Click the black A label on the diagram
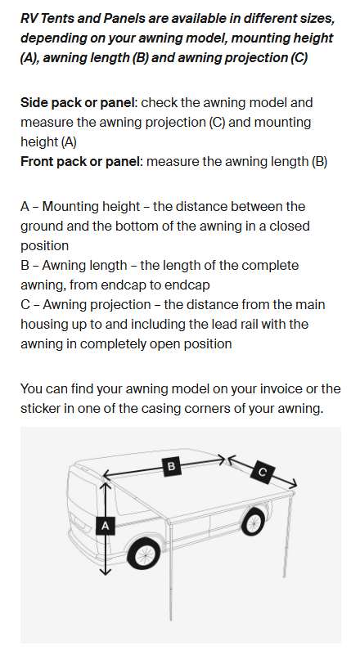coord(104,526)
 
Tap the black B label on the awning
coord(171,466)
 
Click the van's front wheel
coord(144,555)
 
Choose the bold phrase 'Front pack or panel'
coord(81,162)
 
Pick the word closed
coord(286,226)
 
